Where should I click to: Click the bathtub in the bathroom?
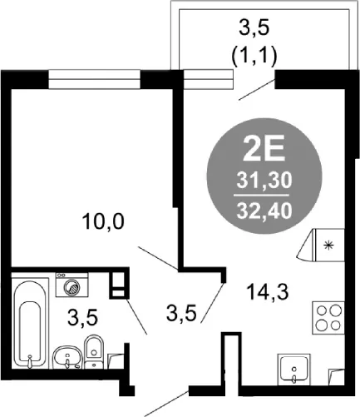[x=30, y=325]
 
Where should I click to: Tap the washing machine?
[x=72, y=285]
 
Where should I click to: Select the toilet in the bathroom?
[x=94, y=352]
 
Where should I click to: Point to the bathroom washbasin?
[x=67, y=357]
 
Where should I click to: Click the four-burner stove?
[x=328, y=317]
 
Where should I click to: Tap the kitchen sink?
[x=293, y=370]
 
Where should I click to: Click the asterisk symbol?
[x=329, y=246]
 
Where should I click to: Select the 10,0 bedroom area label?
[x=103, y=222]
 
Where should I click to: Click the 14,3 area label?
[x=268, y=292]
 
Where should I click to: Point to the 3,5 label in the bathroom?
[x=82, y=318]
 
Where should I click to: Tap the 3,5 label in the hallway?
[x=181, y=313]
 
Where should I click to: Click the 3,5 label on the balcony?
[x=254, y=27]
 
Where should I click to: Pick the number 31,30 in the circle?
[x=264, y=181]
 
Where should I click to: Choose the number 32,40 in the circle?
[x=264, y=211]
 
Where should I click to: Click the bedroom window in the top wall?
[x=94, y=80]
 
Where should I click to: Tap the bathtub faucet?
[x=30, y=361]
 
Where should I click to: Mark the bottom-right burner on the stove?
[x=336, y=325]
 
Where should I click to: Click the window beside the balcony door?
[x=208, y=80]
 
